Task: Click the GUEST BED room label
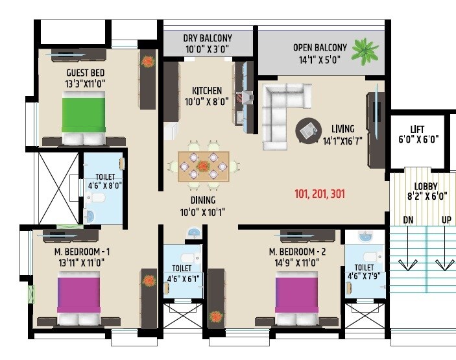(x=86, y=73)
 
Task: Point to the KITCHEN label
(x=207, y=90)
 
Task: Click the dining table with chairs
(x=204, y=165)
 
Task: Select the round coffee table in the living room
(x=307, y=130)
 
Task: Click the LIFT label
(x=417, y=128)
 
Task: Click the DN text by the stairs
(x=408, y=220)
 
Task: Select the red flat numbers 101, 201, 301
(x=319, y=193)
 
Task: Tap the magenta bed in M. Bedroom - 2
(x=296, y=293)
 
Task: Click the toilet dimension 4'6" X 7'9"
(x=364, y=276)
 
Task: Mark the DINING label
(x=202, y=200)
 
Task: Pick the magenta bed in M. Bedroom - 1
(x=79, y=293)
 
